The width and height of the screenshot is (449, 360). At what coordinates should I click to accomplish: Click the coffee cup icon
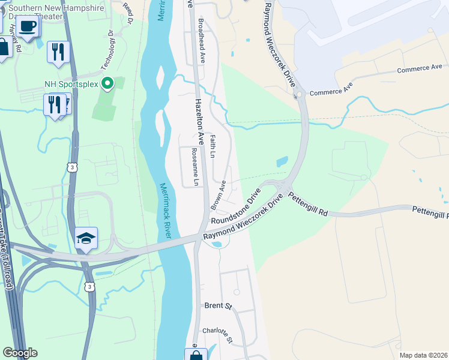[x=28, y=26]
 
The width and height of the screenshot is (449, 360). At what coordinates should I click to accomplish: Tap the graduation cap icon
[x=86, y=239]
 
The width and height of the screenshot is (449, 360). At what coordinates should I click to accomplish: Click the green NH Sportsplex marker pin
[x=108, y=83]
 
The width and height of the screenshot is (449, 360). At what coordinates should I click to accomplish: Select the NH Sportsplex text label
[x=71, y=83]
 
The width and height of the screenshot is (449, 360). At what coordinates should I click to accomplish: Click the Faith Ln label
[x=213, y=146]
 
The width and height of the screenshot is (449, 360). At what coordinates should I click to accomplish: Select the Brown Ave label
[x=218, y=196]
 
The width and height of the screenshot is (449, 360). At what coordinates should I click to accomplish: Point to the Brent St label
[x=218, y=306]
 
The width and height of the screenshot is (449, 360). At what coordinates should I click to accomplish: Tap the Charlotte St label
[x=217, y=331]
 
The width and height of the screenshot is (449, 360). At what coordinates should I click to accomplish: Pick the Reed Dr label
[x=128, y=13]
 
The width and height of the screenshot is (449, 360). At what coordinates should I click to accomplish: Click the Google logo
[x=20, y=353]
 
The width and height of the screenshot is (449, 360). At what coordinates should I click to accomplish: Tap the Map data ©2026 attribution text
[x=424, y=355]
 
